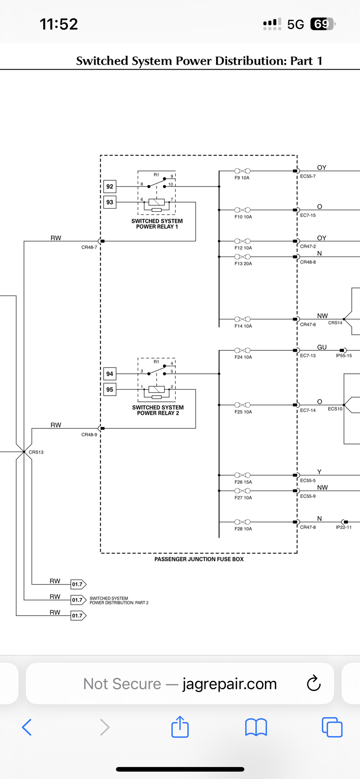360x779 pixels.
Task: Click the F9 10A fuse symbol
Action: click(x=242, y=171)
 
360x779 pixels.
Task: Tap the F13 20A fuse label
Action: click(x=243, y=264)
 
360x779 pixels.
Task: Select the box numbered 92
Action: click(x=110, y=187)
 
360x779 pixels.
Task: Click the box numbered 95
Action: click(x=110, y=389)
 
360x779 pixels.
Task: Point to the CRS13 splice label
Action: click(x=36, y=452)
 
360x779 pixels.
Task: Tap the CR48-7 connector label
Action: click(x=89, y=247)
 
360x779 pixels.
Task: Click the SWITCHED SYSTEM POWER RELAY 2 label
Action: click(x=158, y=410)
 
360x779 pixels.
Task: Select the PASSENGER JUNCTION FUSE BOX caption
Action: click(x=199, y=559)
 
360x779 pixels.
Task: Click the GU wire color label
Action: click(x=322, y=347)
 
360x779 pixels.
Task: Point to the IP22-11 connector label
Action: click(x=344, y=527)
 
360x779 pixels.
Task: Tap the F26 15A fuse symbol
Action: click(x=242, y=475)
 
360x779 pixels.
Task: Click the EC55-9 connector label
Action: click(x=308, y=496)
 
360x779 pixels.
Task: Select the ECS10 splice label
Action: click(x=335, y=409)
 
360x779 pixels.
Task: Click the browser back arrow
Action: click(x=26, y=727)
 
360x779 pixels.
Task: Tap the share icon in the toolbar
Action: click(x=180, y=727)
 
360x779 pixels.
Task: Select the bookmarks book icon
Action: click(x=256, y=727)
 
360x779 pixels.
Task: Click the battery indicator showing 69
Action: click(x=323, y=24)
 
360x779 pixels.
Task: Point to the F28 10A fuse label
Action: click(x=243, y=529)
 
